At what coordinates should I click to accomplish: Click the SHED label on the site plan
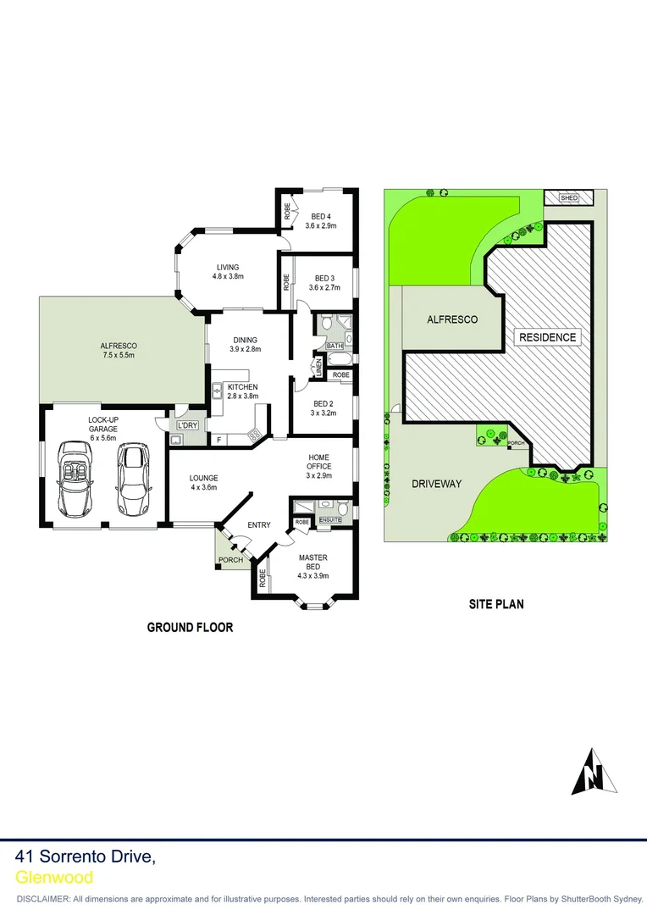tap(569, 198)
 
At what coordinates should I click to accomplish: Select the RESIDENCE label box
tap(547, 337)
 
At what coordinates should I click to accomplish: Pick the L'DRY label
tap(186, 424)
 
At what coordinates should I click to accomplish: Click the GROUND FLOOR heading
tap(190, 628)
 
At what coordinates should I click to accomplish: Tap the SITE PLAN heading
tap(496, 605)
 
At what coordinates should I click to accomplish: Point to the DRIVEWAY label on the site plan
tap(436, 484)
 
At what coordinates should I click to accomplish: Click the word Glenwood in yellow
tap(54, 878)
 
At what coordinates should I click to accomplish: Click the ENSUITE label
tap(329, 519)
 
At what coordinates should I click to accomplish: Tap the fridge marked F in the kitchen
tap(219, 440)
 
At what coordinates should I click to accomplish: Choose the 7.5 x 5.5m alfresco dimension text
tap(118, 355)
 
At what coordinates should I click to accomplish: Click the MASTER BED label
tap(312, 562)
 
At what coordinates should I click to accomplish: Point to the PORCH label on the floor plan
tap(230, 560)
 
